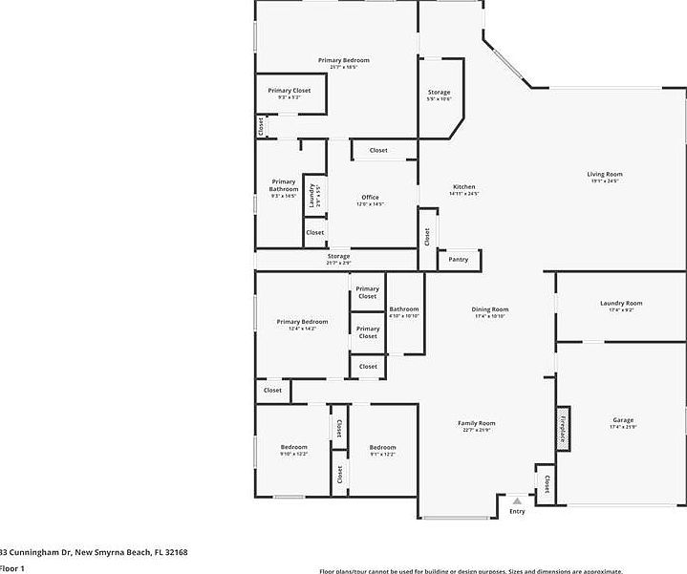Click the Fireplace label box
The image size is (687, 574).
(x=564, y=430)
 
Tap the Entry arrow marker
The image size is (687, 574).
(x=517, y=500)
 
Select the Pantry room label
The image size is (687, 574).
(x=459, y=259)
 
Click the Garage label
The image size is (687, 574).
(x=623, y=420)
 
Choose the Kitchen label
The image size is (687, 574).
(x=463, y=187)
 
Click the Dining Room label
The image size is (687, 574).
(x=490, y=309)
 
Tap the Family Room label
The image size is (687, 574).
(x=476, y=423)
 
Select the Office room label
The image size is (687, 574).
(x=370, y=198)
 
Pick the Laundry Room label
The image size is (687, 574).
(x=621, y=304)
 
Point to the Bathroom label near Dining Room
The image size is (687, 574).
(x=404, y=309)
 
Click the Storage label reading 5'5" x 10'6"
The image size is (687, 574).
(x=439, y=93)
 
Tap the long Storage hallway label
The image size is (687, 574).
(x=338, y=257)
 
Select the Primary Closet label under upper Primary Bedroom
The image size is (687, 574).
(x=289, y=91)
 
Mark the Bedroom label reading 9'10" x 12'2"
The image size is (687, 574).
(x=293, y=448)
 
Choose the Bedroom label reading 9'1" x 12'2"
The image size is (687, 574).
(x=382, y=448)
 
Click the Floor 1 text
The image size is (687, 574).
(x=11, y=568)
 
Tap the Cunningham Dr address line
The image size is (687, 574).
(x=94, y=552)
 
